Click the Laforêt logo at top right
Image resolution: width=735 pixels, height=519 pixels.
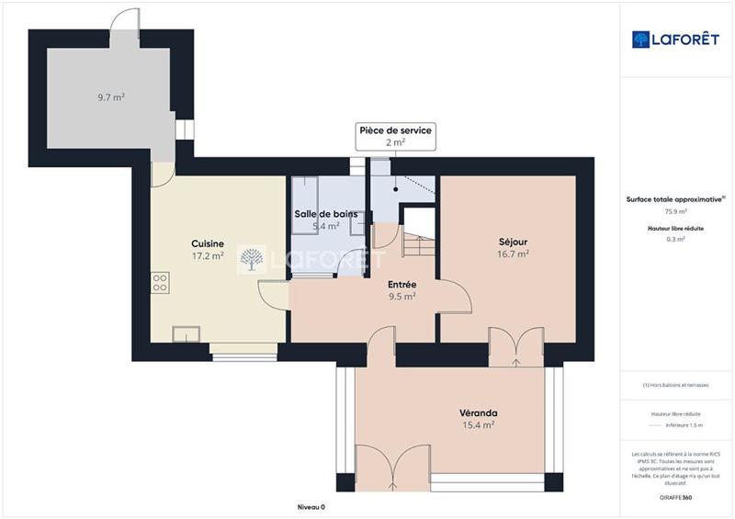pos(673,39)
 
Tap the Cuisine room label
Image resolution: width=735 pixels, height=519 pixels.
pos(208,243)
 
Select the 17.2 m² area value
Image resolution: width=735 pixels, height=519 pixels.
pos(208,256)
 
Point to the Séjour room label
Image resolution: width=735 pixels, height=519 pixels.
pos(512,242)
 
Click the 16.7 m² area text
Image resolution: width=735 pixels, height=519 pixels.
pos(512,254)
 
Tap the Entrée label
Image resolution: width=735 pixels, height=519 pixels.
pos(401,284)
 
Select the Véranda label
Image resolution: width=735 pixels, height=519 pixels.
pos(478,412)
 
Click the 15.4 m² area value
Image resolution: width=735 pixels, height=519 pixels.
pos(478,425)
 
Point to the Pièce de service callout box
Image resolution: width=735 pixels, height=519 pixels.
pos(395,137)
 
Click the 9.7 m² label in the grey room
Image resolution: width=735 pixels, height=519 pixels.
pos(112,96)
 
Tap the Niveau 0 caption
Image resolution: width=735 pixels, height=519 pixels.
pos(311,506)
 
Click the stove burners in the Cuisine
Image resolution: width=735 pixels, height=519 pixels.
pos(160,282)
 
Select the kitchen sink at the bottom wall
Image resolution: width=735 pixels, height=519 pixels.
pos(186,334)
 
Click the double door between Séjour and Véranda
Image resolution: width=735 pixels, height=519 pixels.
pos(516,348)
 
